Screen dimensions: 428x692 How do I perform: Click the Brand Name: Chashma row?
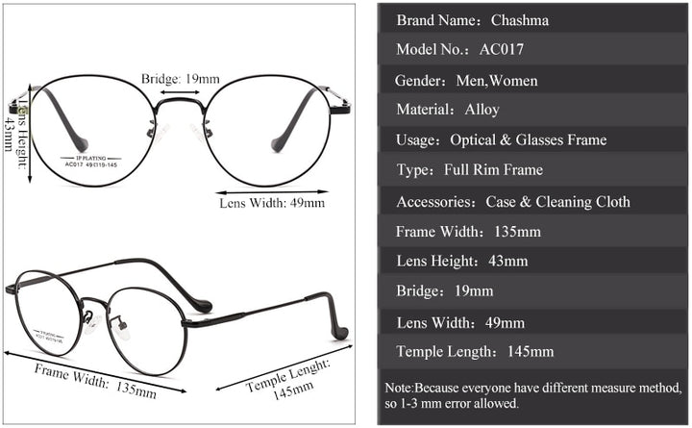click(x=533, y=18)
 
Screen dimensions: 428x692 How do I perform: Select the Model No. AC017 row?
click(x=533, y=49)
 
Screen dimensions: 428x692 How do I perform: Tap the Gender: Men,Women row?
click(x=533, y=80)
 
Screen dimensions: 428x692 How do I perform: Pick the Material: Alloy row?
click(x=533, y=110)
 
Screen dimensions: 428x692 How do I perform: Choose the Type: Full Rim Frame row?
click(x=533, y=170)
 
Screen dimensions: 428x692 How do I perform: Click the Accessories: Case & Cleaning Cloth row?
click(x=533, y=201)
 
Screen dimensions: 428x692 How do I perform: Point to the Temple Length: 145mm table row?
click(x=533, y=351)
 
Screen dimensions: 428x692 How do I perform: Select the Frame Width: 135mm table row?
click(x=533, y=232)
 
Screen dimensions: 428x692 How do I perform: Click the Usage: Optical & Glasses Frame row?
click(x=533, y=140)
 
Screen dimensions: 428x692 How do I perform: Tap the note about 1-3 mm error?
click(x=533, y=395)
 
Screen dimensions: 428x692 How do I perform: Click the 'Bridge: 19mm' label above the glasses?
click(x=180, y=78)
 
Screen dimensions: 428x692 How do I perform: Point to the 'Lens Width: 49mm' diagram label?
click(x=272, y=203)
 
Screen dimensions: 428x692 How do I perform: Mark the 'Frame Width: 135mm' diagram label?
click(x=95, y=380)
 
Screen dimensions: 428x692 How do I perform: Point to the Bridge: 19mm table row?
click(x=533, y=290)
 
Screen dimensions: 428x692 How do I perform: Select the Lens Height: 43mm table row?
click(x=533, y=261)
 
